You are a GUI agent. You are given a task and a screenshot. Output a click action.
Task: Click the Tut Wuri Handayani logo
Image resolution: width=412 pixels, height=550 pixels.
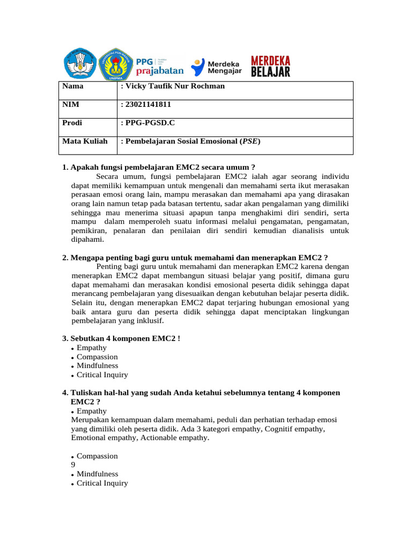(80, 64)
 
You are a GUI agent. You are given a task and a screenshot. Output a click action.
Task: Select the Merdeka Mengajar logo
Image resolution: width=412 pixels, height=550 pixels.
(217, 66)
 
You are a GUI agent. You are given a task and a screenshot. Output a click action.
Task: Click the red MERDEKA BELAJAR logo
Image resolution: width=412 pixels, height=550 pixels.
(271, 66)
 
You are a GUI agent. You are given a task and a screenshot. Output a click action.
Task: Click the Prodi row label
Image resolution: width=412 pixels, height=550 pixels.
(72, 122)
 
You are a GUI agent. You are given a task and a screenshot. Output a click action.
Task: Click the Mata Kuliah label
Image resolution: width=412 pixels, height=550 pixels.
(85, 141)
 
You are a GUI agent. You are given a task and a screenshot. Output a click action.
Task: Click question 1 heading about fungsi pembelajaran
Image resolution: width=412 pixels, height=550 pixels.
(159, 167)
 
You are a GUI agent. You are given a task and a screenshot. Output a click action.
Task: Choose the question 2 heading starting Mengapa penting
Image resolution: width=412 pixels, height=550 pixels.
(195, 257)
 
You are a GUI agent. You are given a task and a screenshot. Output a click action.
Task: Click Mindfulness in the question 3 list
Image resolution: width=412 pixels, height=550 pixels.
(97, 366)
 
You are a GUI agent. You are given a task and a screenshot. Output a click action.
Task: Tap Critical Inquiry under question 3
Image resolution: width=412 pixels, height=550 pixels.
(102, 375)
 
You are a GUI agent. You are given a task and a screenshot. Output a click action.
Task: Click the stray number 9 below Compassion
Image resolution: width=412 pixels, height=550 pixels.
(73, 465)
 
